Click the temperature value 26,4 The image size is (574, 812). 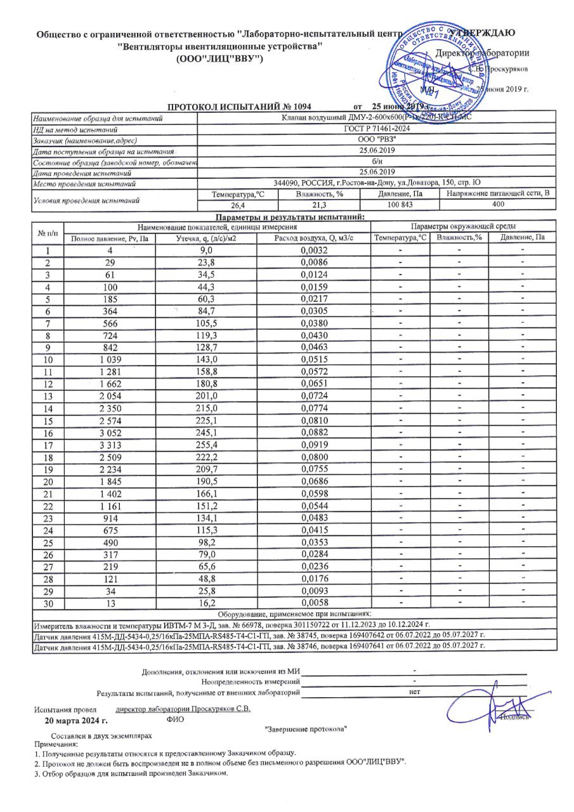238,205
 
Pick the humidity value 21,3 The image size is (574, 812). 320,205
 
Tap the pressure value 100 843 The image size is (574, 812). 400,205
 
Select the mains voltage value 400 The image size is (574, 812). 497,205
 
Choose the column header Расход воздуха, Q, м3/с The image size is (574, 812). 313,238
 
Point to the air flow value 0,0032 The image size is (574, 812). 313,251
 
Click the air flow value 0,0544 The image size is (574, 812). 313,506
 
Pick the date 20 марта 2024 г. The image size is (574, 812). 76,721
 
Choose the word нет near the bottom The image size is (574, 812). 414,692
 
